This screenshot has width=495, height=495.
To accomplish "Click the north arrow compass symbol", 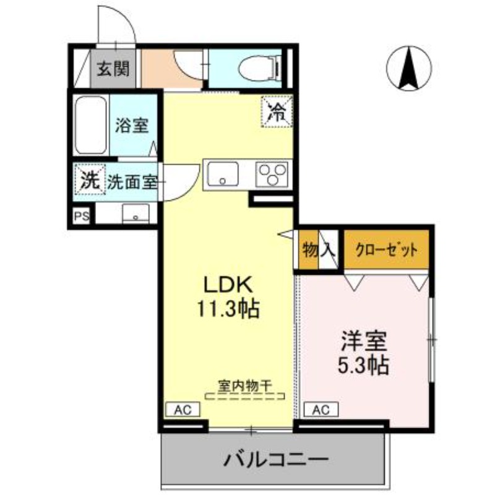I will point(409,68).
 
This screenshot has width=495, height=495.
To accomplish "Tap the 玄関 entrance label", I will point(112,68).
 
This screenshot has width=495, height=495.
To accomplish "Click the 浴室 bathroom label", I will point(131,125).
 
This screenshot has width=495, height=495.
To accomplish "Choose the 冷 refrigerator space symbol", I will point(276,112).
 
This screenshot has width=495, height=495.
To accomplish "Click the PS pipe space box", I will point(82,217).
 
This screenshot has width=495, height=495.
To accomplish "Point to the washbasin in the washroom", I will point(135,214).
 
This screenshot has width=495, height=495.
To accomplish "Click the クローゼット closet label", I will point(387,250).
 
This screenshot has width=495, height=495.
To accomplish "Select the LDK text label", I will point(228,285).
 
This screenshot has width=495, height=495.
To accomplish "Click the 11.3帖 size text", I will point(228,308).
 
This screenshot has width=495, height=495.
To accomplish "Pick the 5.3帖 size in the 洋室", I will point(363,364).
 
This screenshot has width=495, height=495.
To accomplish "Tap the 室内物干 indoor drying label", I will point(244,384).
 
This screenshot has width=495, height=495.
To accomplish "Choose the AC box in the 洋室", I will point(320,409).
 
